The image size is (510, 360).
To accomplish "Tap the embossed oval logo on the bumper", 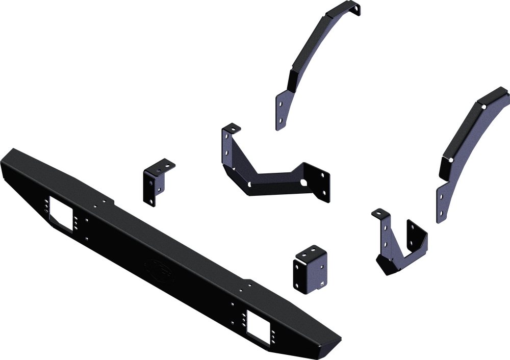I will pos(159,269).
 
